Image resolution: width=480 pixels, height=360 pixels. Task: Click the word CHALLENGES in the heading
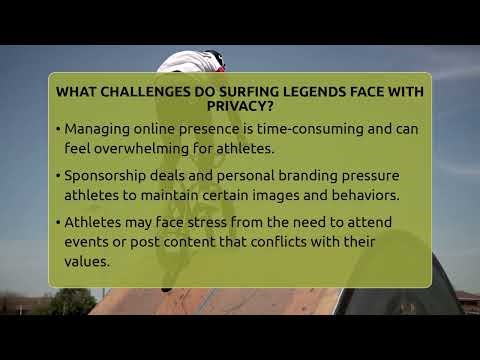point(140,91)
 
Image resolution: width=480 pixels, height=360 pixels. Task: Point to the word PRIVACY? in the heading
point(240,106)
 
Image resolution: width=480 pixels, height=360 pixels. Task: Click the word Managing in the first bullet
point(96,130)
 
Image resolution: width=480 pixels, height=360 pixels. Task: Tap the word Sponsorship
point(109,176)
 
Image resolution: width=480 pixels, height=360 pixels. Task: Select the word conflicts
point(295,241)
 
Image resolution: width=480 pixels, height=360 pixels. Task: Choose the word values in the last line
point(86,260)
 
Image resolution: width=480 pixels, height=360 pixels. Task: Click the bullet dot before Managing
point(58,130)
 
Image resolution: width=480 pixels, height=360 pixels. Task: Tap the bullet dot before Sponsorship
point(58,176)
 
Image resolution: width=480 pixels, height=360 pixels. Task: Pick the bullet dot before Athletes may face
point(58,222)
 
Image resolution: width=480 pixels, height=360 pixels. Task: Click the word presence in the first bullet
point(208,130)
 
